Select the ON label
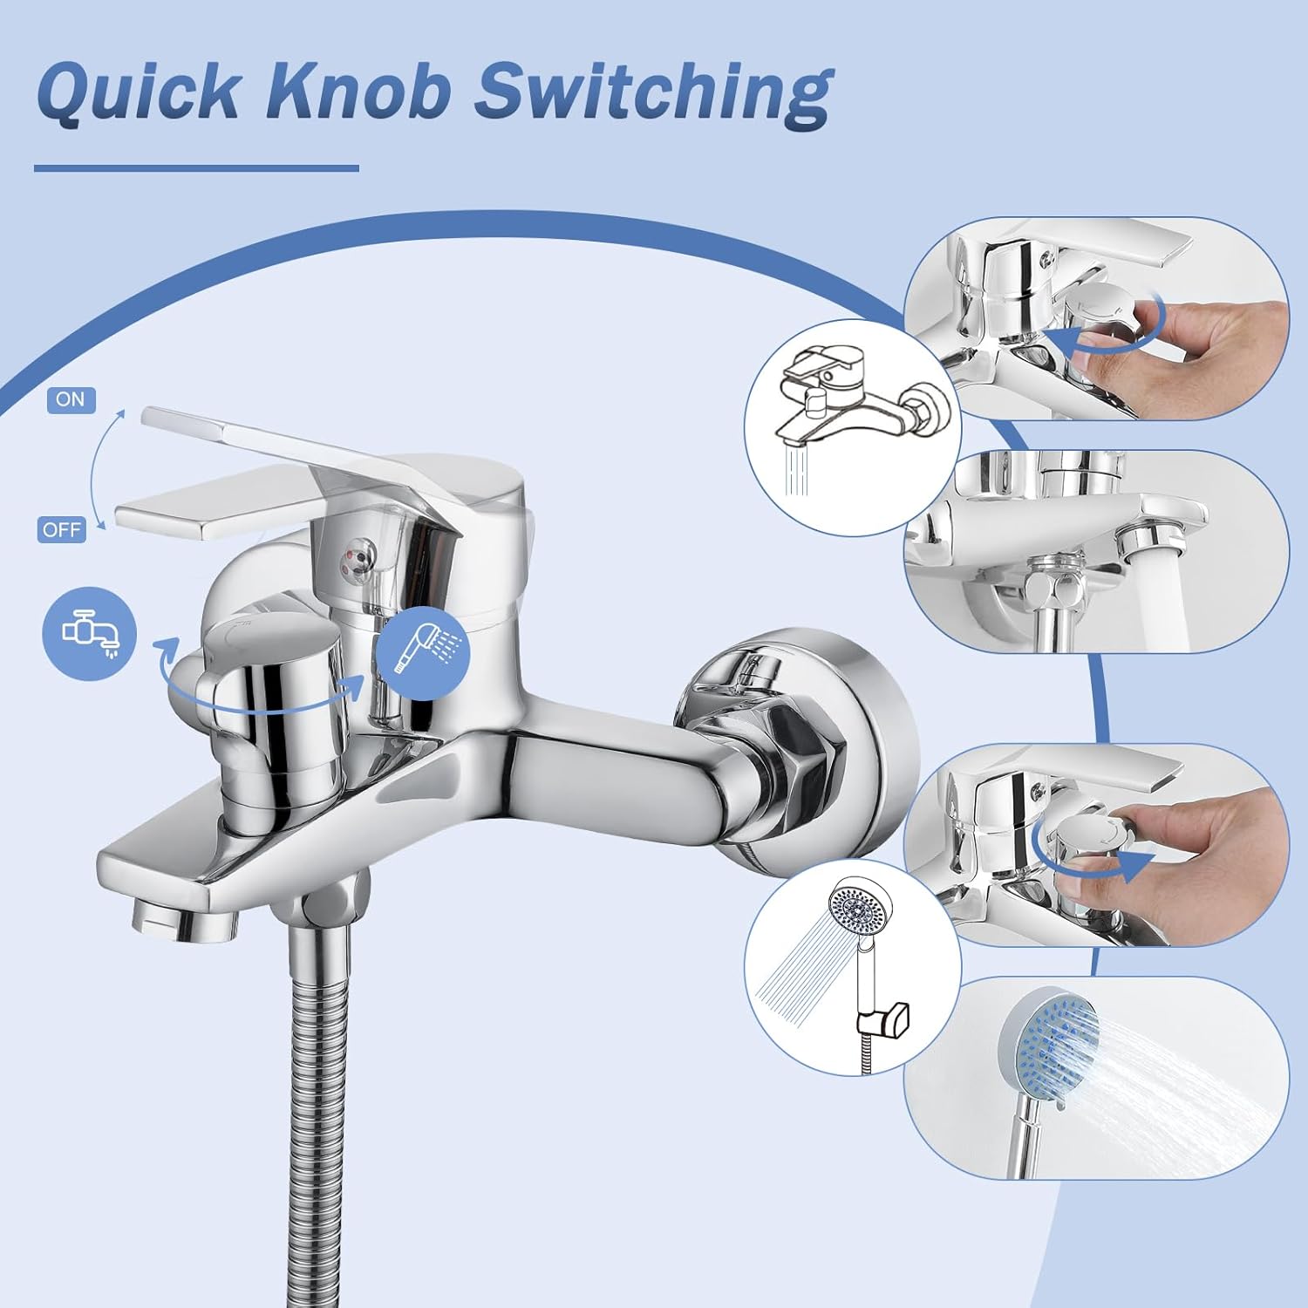(x=71, y=399)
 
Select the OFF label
(x=62, y=529)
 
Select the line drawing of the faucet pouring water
(x=853, y=427)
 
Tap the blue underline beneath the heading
(x=196, y=168)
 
